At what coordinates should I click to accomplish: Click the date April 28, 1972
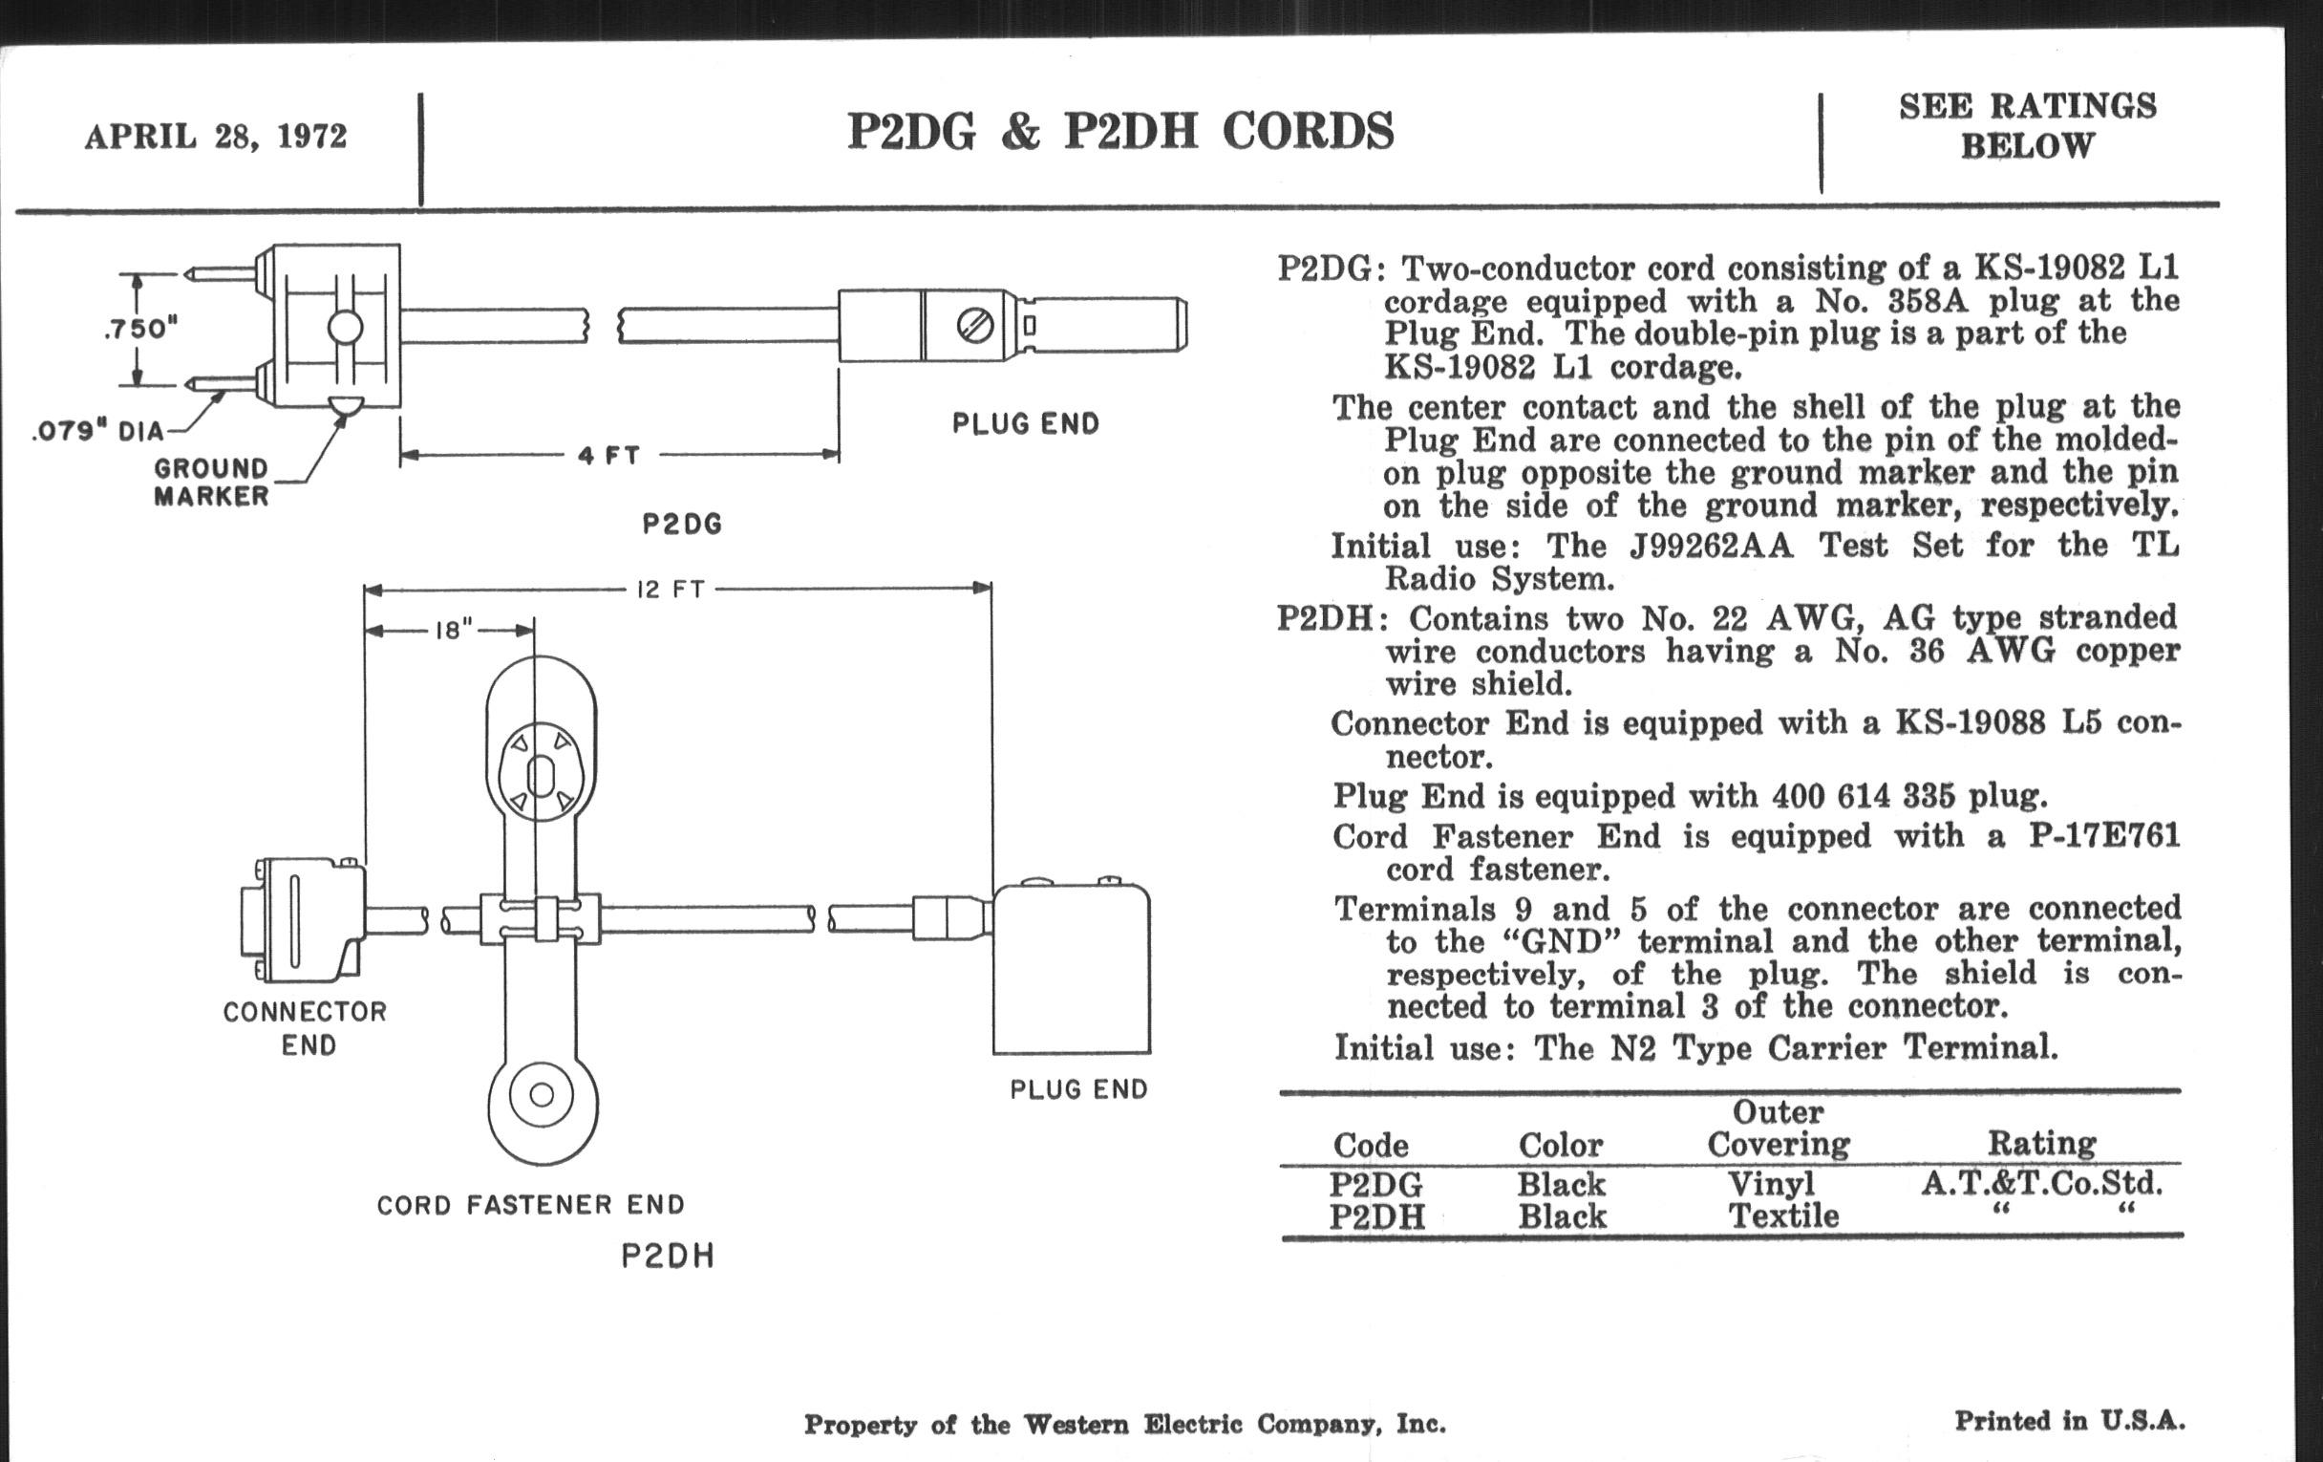pyautogui.click(x=215, y=136)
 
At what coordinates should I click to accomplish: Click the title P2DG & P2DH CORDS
pyautogui.click(x=1120, y=132)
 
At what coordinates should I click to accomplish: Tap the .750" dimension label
pyautogui.click(x=140, y=329)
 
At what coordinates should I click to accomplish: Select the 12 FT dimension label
pyautogui.click(x=671, y=589)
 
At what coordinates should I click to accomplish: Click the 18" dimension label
pyautogui.click(x=455, y=631)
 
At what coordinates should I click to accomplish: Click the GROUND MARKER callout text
pyautogui.click(x=212, y=483)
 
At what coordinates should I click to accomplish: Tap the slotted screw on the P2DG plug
pyautogui.click(x=974, y=326)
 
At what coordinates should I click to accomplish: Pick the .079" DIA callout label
pyautogui.click(x=98, y=430)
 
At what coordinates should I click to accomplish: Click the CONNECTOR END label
pyautogui.click(x=306, y=1028)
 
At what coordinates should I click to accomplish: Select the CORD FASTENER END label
pyautogui.click(x=530, y=1204)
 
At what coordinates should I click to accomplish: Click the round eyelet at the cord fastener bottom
pyautogui.click(x=543, y=1094)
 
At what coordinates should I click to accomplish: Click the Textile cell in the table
pyautogui.click(x=1782, y=1215)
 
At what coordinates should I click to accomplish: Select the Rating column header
pyautogui.click(x=2041, y=1144)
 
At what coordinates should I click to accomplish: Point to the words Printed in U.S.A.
pyautogui.click(x=2069, y=1421)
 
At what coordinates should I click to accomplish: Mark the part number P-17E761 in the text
pyautogui.click(x=2103, y=836)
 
